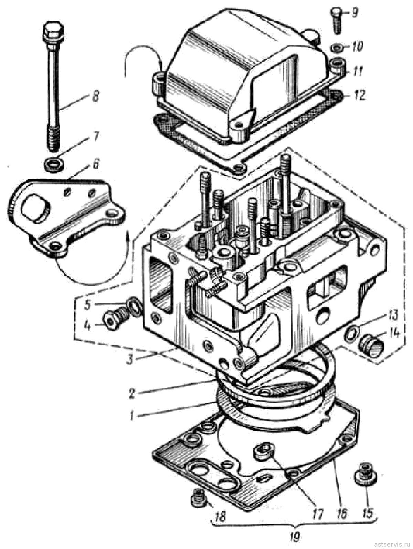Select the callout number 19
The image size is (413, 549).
point(295,536)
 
